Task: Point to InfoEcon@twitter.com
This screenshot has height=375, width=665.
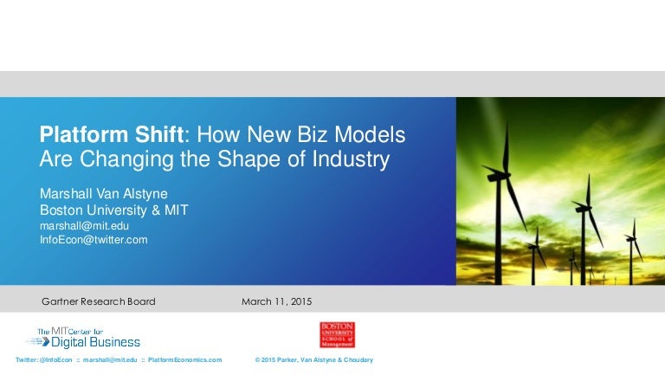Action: coord(94,240)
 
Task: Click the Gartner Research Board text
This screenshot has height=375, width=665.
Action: coord(99,301)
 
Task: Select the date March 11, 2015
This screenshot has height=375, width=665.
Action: coord(276,301)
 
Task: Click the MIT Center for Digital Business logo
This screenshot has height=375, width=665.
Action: coord(81,336)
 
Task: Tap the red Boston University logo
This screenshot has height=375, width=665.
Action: coord(337,334)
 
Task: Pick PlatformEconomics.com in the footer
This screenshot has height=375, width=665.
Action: coord(184,359)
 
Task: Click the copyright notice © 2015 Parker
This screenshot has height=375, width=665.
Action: coord(314,359)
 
